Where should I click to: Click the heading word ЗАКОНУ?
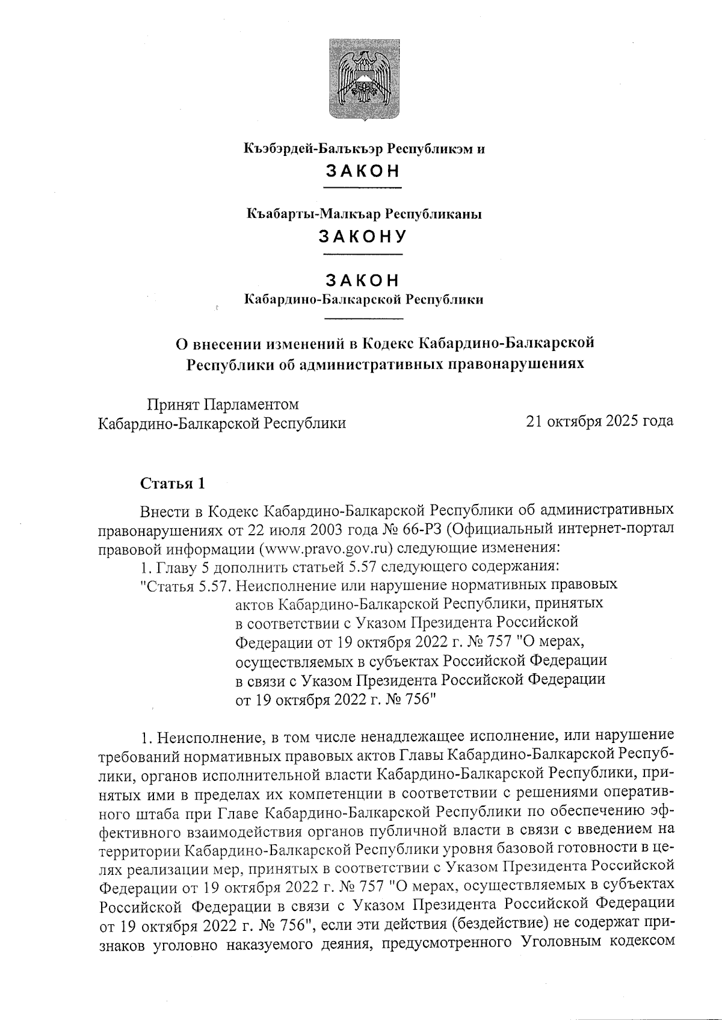[363, 237]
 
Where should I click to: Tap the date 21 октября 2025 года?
[599, 421]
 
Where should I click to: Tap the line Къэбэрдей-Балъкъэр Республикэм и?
[364, 149]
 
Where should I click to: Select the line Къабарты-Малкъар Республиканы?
[364, 214]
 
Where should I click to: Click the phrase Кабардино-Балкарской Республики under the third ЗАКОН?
[363, 299]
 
